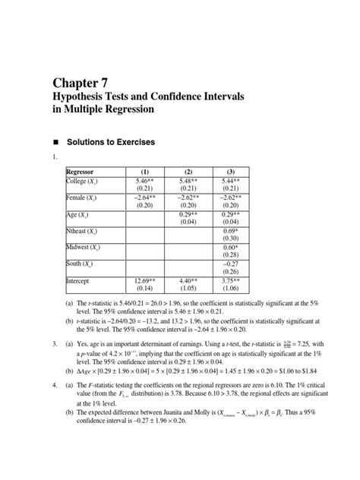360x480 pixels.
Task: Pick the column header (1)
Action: [x=145, y=172]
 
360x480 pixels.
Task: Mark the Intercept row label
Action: [x=81, y=280]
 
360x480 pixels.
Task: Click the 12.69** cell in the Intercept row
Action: [x=145, y=280]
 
